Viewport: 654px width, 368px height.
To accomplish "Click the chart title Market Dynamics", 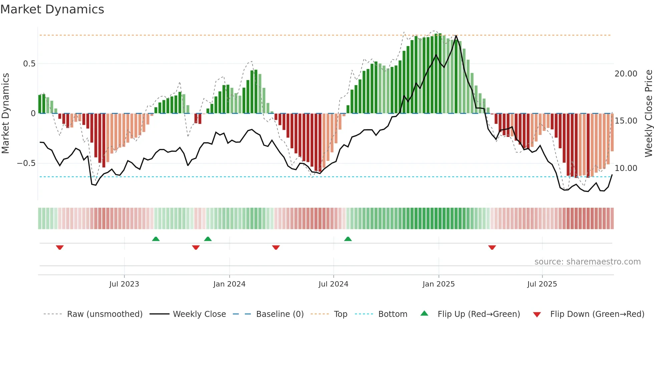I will (x=52, y=9).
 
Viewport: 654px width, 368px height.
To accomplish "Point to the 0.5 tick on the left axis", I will (x=29, y=64).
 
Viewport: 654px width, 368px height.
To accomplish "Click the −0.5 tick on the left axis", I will (x=26, y=163).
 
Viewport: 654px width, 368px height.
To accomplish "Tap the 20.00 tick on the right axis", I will (x=626, y=74).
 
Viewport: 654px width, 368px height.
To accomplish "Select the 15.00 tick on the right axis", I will (x=626, y=121).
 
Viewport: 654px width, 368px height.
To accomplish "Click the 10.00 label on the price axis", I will (x=626, y=168).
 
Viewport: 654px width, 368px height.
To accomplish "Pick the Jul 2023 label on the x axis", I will (x=124, y=284).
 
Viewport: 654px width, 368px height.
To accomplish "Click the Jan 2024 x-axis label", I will (x=229, y=284).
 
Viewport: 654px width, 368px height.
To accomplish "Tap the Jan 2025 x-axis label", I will (x=438, y=284).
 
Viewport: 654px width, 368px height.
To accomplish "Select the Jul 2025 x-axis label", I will (x=542, y=284).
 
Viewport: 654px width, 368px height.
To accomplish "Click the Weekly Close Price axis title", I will (x=648, y=113).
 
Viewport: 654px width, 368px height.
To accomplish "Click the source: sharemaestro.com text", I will (x=587, y=262).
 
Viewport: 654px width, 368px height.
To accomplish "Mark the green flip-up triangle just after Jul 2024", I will (x=348, y=239).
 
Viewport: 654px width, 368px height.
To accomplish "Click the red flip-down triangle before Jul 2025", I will (x=492, y=247).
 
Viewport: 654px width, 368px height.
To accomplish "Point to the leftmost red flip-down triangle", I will (x=60, y=247).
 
